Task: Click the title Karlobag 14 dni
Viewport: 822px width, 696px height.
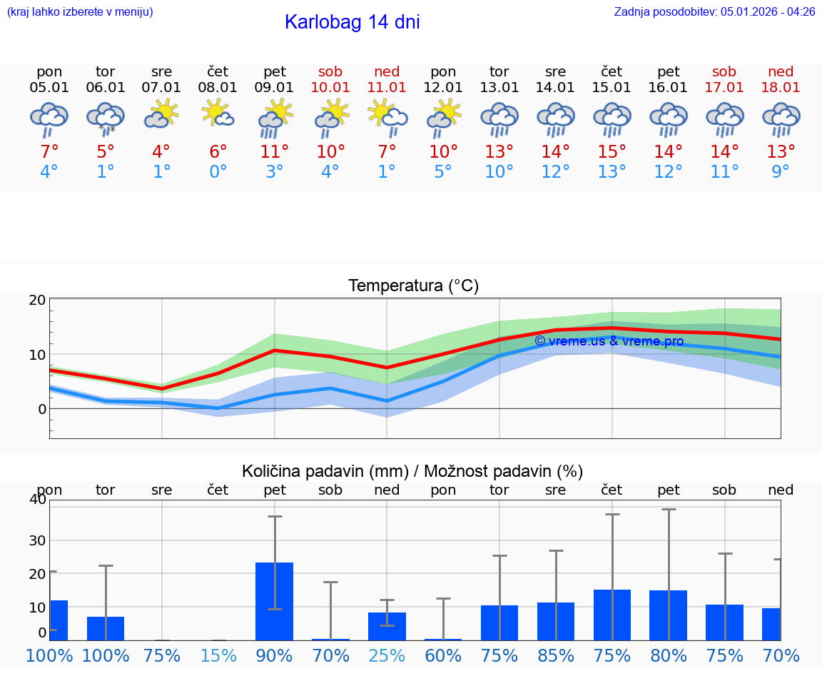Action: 352,22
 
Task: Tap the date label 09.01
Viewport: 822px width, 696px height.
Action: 275,88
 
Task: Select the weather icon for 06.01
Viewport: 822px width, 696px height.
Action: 106,118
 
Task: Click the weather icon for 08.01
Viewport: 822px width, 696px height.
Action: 218,114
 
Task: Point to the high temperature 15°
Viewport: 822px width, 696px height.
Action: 612,152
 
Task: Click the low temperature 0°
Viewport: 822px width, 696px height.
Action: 218,172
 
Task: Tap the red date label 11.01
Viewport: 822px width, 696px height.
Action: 387,88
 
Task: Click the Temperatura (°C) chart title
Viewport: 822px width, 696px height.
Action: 413,286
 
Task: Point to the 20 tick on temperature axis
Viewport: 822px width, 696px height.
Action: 38,301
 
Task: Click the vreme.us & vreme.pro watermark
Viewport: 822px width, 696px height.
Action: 609,341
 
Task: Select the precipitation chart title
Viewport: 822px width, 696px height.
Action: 412,471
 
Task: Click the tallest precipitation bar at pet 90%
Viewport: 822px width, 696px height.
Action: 275,601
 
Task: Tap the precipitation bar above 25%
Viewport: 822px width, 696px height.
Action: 387,626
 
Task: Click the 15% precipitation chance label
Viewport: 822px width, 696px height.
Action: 218,656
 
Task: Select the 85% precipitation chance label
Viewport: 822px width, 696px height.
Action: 556,656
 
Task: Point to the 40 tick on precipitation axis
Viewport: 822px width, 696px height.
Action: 38,499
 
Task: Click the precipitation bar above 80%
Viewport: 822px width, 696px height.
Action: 668,615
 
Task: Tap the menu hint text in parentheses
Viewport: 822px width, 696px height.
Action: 79,12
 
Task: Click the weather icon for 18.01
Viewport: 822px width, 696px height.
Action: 781,118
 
